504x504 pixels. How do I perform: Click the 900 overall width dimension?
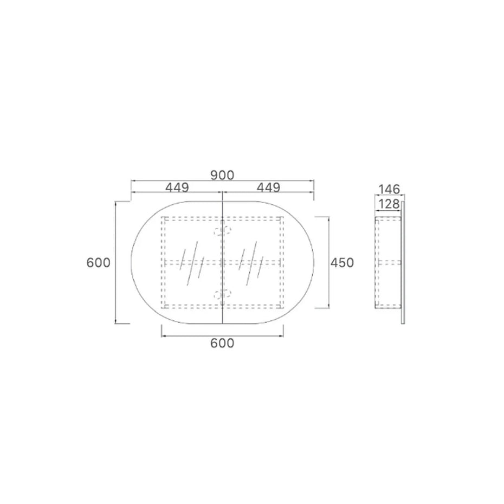tap(222, 176)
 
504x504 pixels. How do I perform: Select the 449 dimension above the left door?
tap(177, 188)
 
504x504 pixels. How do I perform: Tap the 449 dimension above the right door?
tap(268, 188)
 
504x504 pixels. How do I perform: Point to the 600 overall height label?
tap(98, 263)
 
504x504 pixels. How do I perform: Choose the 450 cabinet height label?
tap(342, 263)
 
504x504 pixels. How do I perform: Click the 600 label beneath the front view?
tap(222, 343)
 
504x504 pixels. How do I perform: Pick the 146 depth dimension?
tap(389, 189)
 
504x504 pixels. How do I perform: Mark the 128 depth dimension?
tap(389, 204)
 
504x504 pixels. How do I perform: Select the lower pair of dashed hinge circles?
tap(222, 293)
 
